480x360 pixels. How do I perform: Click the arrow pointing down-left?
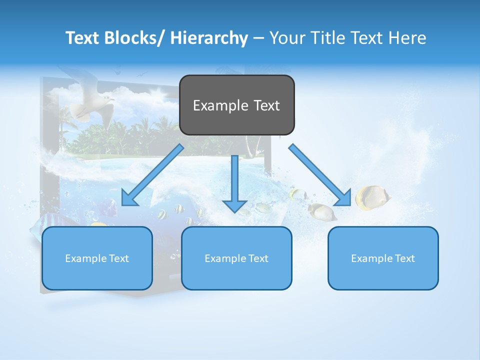coord(152,175)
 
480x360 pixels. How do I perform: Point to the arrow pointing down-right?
coord(320,175)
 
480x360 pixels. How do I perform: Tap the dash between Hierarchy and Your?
coord(258,38)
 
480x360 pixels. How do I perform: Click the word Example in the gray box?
coord(220,105)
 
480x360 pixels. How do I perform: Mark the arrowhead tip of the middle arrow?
coord(234,212)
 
